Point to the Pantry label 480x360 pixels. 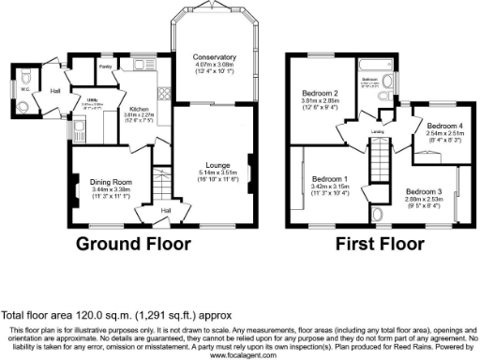105,67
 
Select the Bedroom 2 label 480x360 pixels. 320,94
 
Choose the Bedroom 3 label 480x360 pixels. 425,190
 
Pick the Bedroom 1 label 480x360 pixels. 330,179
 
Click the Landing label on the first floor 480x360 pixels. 379,131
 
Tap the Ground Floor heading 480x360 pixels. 135,245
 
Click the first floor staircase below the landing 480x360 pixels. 381,173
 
